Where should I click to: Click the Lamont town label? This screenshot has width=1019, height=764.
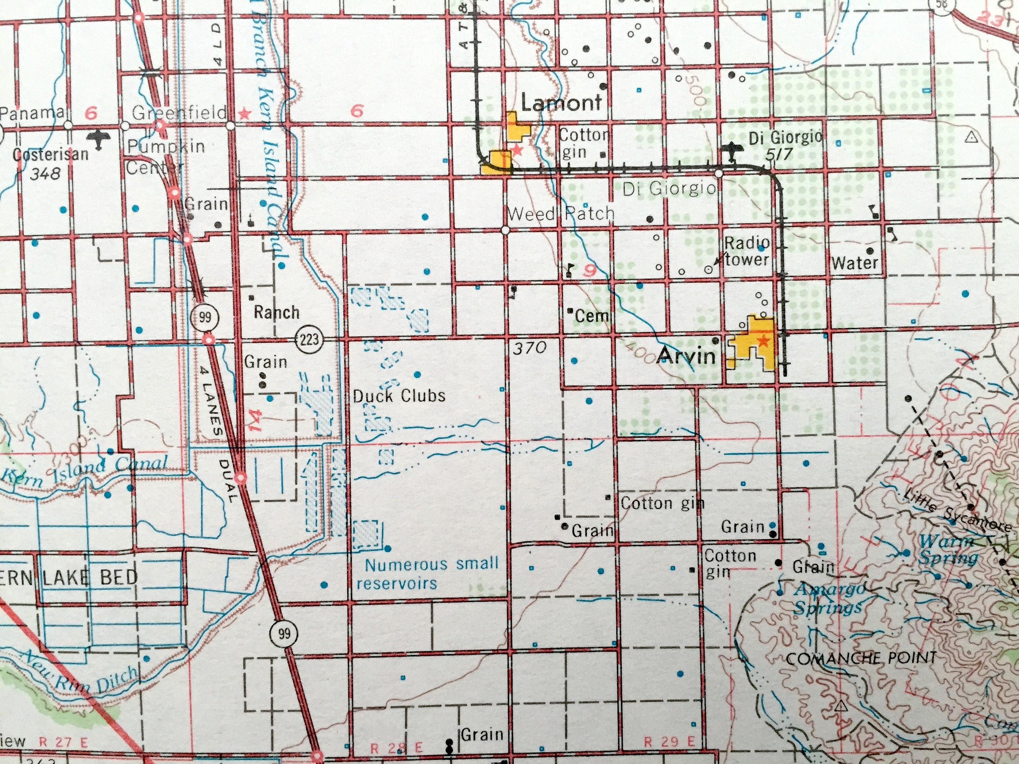(x=561, y=103)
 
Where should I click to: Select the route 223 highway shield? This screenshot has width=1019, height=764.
(x=308, y=340)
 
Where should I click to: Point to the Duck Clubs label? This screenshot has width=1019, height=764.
(x=399, y=396)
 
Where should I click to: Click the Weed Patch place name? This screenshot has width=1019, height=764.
(x=561, y=213)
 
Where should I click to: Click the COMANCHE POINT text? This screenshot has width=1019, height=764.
(x=860, y=658)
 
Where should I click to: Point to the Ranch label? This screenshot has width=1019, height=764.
(x=276, y=313)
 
